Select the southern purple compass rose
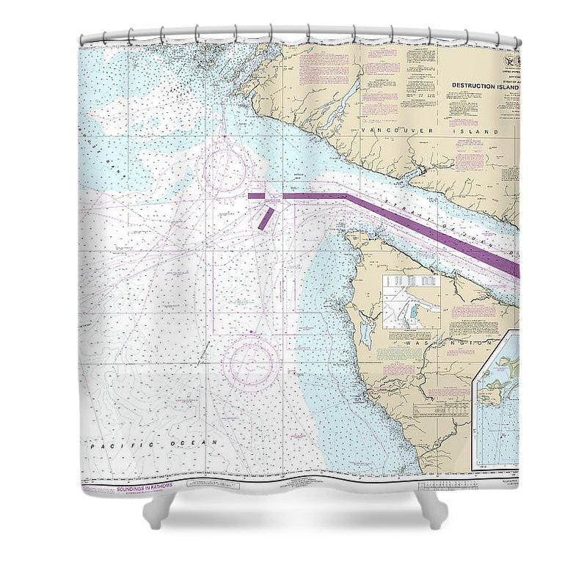252,362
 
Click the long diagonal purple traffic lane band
433,233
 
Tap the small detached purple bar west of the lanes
255,196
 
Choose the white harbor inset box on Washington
411,301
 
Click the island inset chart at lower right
497,396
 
